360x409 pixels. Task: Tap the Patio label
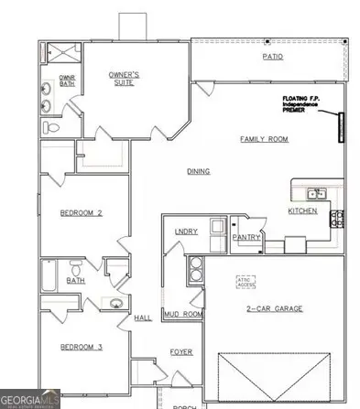[273, 57]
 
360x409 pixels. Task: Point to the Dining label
[199, 171]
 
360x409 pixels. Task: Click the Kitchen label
[302, 210]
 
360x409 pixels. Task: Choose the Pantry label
[247, 237]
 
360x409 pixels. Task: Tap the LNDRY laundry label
[186, 231]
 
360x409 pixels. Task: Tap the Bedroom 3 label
[81, 347]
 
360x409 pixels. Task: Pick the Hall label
[143, 318]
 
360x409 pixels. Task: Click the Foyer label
[181, 350]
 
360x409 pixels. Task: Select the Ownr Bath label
[67, 81]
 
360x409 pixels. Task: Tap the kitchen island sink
[316, 193]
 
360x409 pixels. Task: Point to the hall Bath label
[77, 280]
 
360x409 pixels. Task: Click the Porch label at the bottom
[186, 405]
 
